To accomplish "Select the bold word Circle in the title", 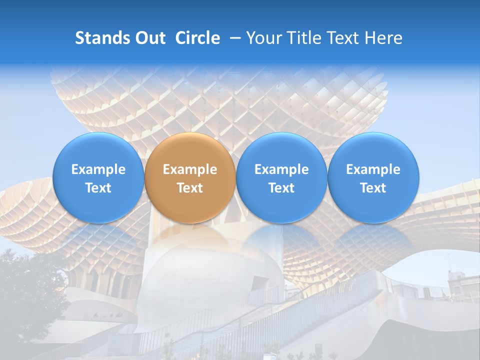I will click(x=197, y=38).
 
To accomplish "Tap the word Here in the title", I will click(x=383, y=38).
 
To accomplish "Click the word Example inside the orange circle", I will click(x=190, y=169).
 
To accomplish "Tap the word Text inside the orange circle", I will click(x=190, y=188).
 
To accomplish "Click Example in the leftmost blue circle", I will click(x=98, y=169).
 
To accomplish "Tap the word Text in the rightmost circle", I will click(x=373, y=188).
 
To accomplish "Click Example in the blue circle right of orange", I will click(x=281, y=169).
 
